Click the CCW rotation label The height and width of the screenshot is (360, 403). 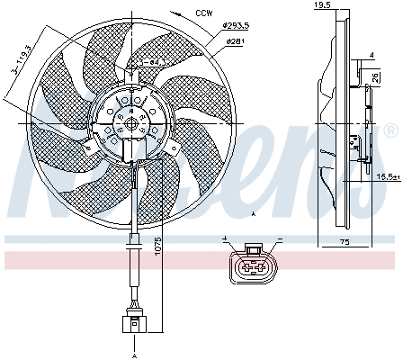(x=205, y=14)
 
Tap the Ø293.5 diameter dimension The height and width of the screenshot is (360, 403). (x=236, y=29)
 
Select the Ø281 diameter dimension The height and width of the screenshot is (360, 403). (x=235, y=41)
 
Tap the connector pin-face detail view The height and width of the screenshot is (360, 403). (x=254, y=266)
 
